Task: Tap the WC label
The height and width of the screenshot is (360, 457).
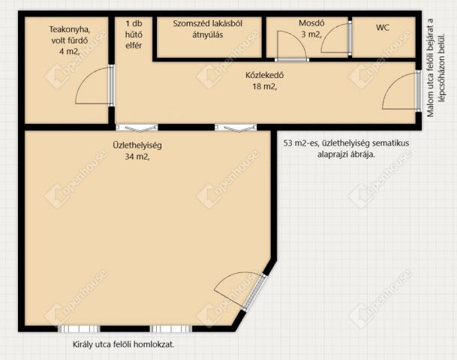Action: (383, 28)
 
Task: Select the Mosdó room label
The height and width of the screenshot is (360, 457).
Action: (311, 23)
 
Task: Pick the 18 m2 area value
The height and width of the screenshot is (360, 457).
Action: (264, 87)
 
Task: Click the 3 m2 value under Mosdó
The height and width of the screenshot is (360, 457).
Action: (311, 34)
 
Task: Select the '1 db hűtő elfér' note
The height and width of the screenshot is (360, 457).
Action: (134, 34)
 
